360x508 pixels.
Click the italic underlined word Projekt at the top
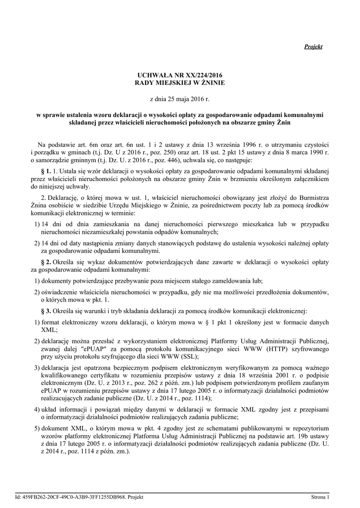click(313, 47)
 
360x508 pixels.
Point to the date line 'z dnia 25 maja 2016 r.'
click(180, 100)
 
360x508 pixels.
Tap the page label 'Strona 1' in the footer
click(319, 497)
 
